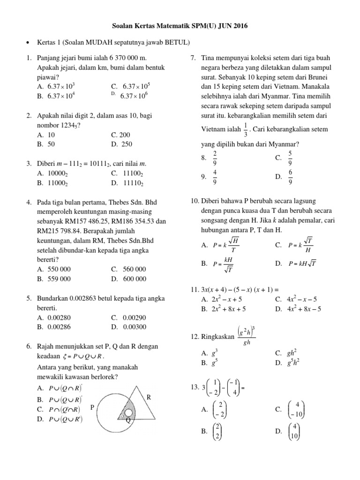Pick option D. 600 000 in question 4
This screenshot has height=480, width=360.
coord(128,278)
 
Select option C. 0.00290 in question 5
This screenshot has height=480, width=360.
coord(128,318)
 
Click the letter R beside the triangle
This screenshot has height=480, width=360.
coord(149,397)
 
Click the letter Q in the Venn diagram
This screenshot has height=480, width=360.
coord(127,420)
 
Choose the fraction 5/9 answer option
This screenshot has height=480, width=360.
coord(290,158)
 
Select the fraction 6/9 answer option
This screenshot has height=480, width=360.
coord(290,177)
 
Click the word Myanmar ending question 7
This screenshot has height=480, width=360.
coord(284,144)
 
